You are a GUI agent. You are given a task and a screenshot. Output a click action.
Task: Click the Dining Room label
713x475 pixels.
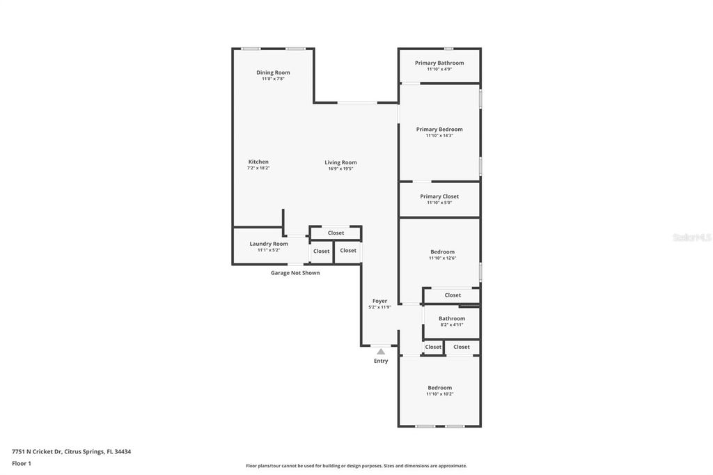273,72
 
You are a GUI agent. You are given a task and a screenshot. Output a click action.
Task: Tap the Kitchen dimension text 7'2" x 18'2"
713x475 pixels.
258,168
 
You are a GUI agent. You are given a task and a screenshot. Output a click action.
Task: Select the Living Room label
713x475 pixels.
340,162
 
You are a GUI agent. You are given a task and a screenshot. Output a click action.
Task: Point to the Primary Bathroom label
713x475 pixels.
439,63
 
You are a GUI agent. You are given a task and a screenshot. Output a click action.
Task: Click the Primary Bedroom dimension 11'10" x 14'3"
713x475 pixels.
439,136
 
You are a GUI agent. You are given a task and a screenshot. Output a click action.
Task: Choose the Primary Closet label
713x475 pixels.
439,196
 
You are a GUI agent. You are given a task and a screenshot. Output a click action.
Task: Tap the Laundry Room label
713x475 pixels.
269,244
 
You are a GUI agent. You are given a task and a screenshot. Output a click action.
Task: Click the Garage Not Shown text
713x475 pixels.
295,273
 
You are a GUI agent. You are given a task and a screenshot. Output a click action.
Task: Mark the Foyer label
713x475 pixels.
379,301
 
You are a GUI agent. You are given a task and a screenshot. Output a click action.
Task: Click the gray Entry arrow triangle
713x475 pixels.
381,352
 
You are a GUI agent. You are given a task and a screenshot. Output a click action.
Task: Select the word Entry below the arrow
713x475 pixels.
381,361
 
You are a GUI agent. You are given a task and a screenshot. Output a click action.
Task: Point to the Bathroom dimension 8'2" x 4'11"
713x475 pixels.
452,325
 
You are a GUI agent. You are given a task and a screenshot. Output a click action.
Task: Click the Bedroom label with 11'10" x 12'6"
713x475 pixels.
442,251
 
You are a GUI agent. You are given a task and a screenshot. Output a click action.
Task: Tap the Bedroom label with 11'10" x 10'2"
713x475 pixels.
439,387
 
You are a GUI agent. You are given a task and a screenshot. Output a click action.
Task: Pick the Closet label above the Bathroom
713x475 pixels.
453,295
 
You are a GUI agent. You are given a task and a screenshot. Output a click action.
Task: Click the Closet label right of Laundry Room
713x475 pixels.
321,251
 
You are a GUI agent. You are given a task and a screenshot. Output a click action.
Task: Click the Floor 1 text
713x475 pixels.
22,463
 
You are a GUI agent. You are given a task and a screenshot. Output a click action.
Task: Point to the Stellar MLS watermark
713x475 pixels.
691,238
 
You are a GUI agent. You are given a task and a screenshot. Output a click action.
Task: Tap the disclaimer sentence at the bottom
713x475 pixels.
356,466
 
